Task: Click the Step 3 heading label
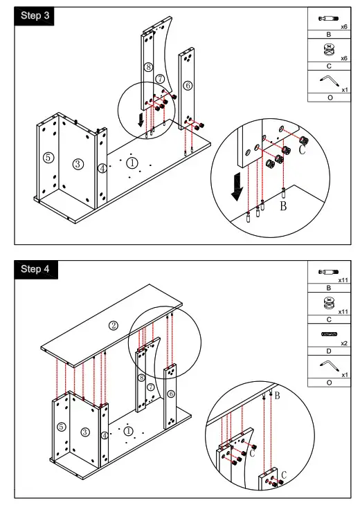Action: pos(35,15)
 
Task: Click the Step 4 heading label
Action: pos(35,269)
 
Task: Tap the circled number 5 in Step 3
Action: pos(48,158)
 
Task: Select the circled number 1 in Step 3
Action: pos(132,163)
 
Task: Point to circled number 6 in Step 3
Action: pos(188,85)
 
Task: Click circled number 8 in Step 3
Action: pos(148,67)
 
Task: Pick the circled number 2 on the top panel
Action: pos(113,326)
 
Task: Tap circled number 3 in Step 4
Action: pos(85,432)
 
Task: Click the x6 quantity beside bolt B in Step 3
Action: pos(344,27)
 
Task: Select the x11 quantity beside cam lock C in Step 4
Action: pos(343,312)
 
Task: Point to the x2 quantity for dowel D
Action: pos(344,343)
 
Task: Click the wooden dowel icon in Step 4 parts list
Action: pos(329,334)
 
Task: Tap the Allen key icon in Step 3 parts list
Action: pos(330,81)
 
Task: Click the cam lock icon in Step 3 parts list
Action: pos(328,50)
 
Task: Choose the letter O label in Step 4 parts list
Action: pos(329,383)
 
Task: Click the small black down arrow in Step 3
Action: pos(141,119)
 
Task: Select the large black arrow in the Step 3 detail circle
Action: pos(237,187)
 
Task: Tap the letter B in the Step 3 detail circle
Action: pos(283,205)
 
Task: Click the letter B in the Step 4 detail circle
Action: pos(277,396)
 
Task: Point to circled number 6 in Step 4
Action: pos(171,394)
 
